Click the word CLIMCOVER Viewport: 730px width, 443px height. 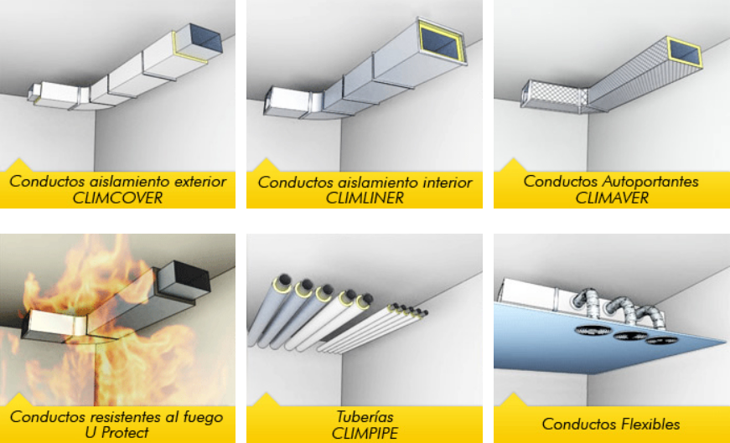(x=117, y=198)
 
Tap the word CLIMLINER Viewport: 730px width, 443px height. (x=365, y=198)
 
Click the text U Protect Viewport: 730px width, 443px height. (x=117, y=432)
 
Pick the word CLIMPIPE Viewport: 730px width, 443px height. (x=365, y=432)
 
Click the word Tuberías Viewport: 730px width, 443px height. (x=365, y=416)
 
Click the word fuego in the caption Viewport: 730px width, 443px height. (x=202, y=416)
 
